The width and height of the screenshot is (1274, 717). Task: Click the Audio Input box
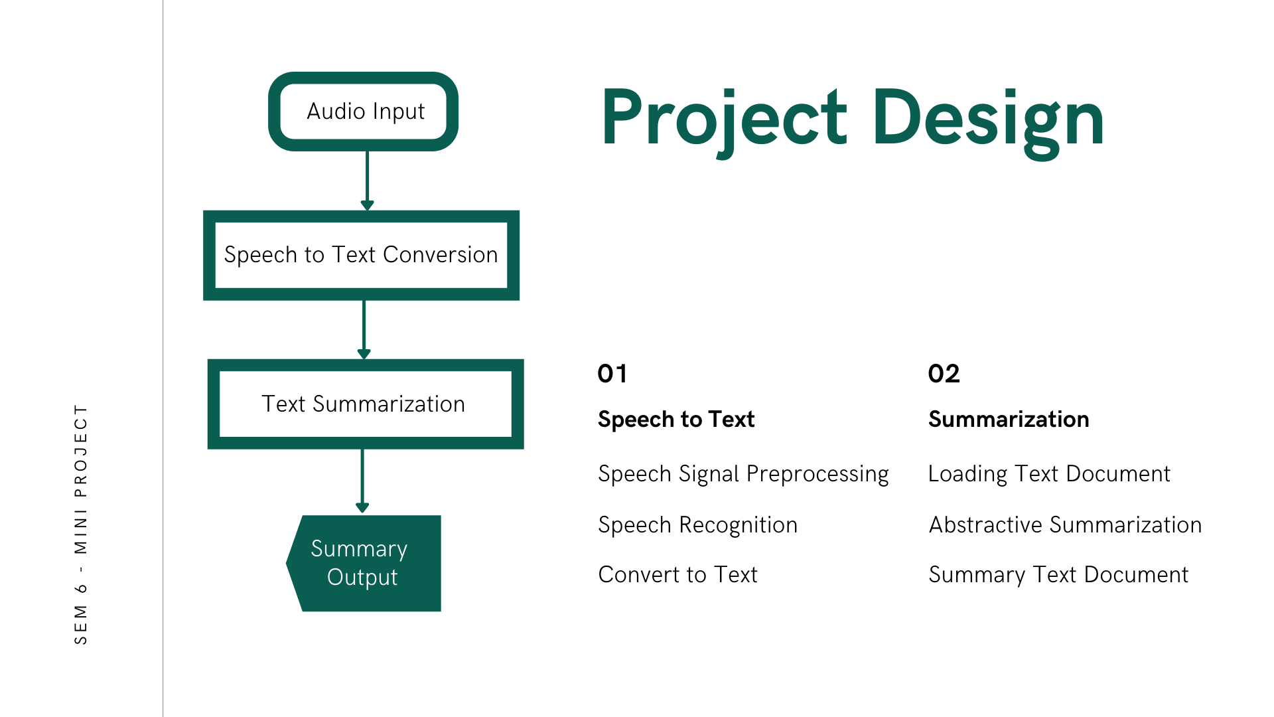coord(364,112)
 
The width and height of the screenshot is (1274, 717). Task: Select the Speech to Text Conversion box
coord(361,255)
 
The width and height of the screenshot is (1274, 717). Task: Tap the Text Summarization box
coord(365,404)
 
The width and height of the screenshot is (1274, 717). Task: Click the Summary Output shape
coord(364,563)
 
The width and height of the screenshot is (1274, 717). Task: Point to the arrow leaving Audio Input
coord(367,179)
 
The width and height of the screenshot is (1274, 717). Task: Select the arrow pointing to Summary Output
coord(362,479)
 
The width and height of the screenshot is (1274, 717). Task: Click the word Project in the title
coord(724,119)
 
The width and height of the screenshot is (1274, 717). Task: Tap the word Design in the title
coord(988,119)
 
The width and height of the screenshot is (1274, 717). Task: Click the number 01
coord(612,374)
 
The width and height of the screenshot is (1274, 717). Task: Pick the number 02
coord(944,374)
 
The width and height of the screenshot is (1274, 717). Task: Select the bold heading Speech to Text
coord(676,420)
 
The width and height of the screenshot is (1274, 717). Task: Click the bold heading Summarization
coord(1009,420)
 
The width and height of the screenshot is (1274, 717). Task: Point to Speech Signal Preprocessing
coord(743,474)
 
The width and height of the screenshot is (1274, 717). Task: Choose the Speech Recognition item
coord(697,525)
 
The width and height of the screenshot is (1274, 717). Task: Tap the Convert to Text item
coord(677,575)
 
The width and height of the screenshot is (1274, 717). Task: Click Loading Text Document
coord(1049,474)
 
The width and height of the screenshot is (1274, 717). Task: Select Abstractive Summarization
coord(1065,525)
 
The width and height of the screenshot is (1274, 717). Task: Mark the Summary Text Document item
coord(1058,575)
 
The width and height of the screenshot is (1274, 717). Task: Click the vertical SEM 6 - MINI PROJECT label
coord(81,524)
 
